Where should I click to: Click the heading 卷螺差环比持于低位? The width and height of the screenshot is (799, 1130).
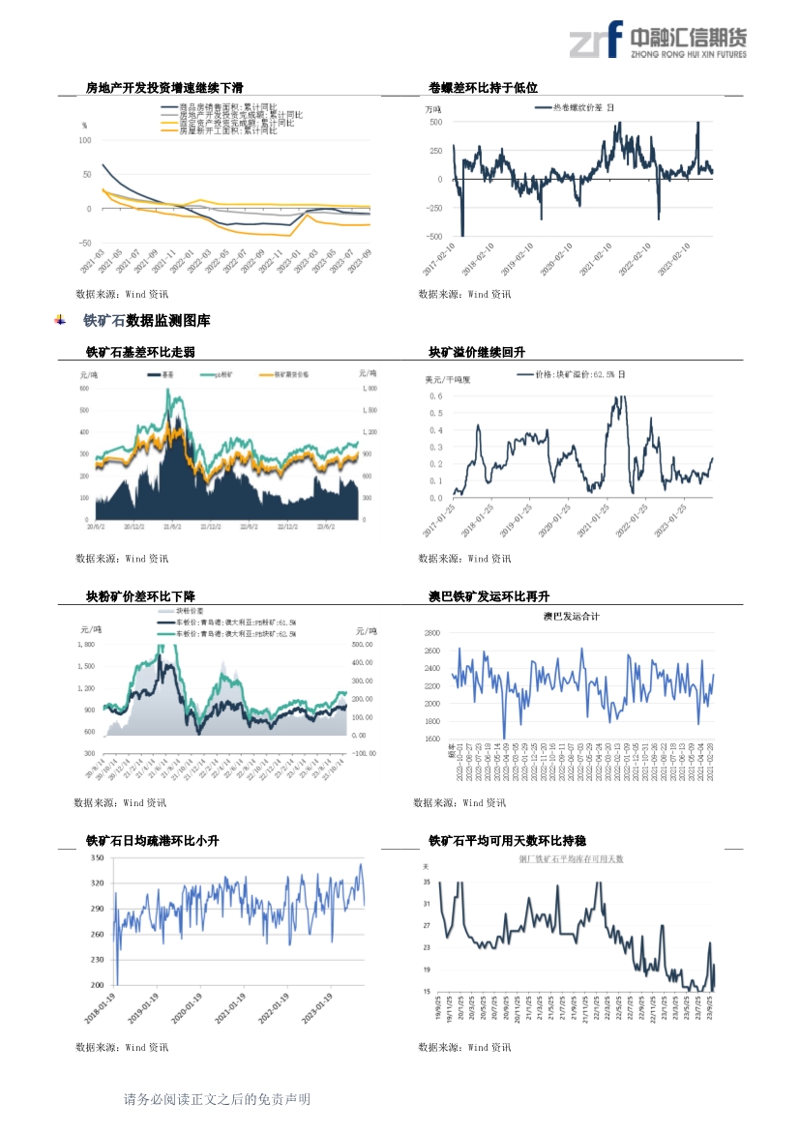pyautogui.click(x=483, y=87)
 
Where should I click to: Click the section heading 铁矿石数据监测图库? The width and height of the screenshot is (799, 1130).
pyautogui.click(x=146, y=320)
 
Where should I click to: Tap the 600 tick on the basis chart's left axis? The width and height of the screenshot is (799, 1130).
pyautogui.click(x=83, y=388)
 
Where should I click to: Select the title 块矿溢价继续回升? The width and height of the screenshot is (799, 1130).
pyautogui.click(x=477, y=352)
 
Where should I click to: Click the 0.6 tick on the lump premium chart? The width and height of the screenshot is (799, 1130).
pyautogui.click(x=436, y=396)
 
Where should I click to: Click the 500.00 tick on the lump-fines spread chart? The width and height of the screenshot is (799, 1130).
pyautogui.click(x=362, y=644)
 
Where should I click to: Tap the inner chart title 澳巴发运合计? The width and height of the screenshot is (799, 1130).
pyautogui.click(x=571, y=616)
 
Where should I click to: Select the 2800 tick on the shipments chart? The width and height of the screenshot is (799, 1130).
pyautogui.click(x=431, y=632)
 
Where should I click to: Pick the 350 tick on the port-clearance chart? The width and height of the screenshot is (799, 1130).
pyautogui.click(x=98, y=858)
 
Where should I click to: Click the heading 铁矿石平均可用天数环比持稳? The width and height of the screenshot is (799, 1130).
pyautogui.click(x=507, y=841)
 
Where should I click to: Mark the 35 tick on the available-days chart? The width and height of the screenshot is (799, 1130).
pyautogui.click(x=428, y=883)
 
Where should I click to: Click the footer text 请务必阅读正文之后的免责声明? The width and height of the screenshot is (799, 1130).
pyautogui.click(x=217, y=1099)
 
